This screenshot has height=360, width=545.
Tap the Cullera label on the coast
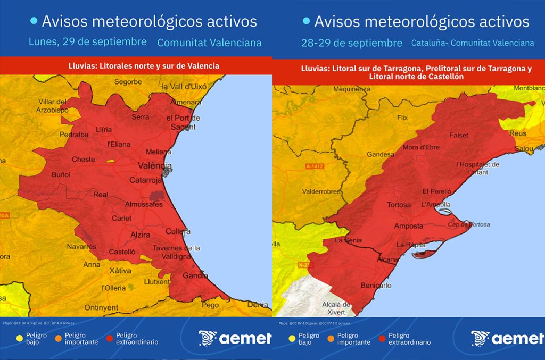tap(178, 231)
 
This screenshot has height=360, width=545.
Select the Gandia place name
tap(196, 275)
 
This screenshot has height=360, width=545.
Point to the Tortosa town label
tap(399, 205)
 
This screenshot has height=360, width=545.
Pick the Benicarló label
tap(376, 286)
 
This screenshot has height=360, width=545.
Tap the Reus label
tap(517, 133)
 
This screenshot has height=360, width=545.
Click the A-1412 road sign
tap(315, 166)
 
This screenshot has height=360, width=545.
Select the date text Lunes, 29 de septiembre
tap(88, 41)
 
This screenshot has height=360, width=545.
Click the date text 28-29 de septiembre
tap(351, 43)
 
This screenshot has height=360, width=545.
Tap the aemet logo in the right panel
tap(507, 338)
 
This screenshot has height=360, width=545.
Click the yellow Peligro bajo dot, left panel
tap(20, 337)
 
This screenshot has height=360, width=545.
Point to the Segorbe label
tap(128, 82)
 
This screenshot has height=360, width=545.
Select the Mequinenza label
tap(351, 89)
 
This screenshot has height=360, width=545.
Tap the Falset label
tap(459, 136)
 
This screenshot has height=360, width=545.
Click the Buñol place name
tap(61, 174)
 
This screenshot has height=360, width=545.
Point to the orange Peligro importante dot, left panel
tap(60, 337)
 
